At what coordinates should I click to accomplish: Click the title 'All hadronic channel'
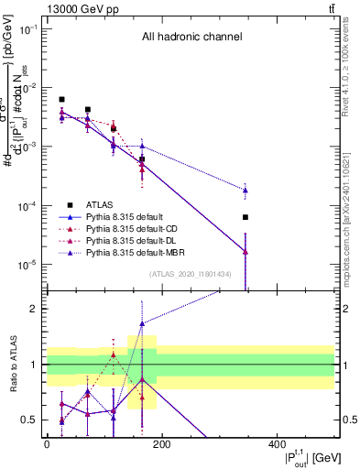[191, 38]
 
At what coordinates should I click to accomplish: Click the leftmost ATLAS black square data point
[62, 99]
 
